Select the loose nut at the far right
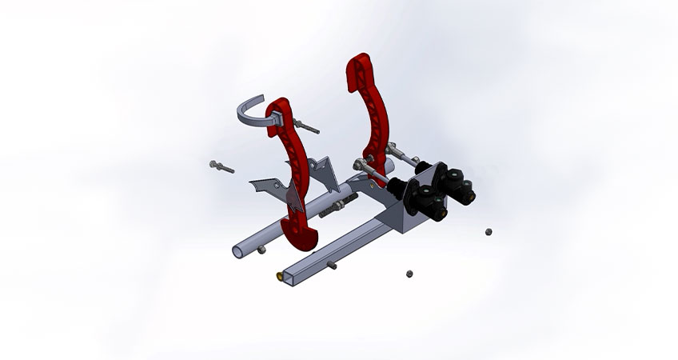click(488, 232)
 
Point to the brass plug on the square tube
click(278, 277)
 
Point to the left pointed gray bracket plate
click(264, 186)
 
